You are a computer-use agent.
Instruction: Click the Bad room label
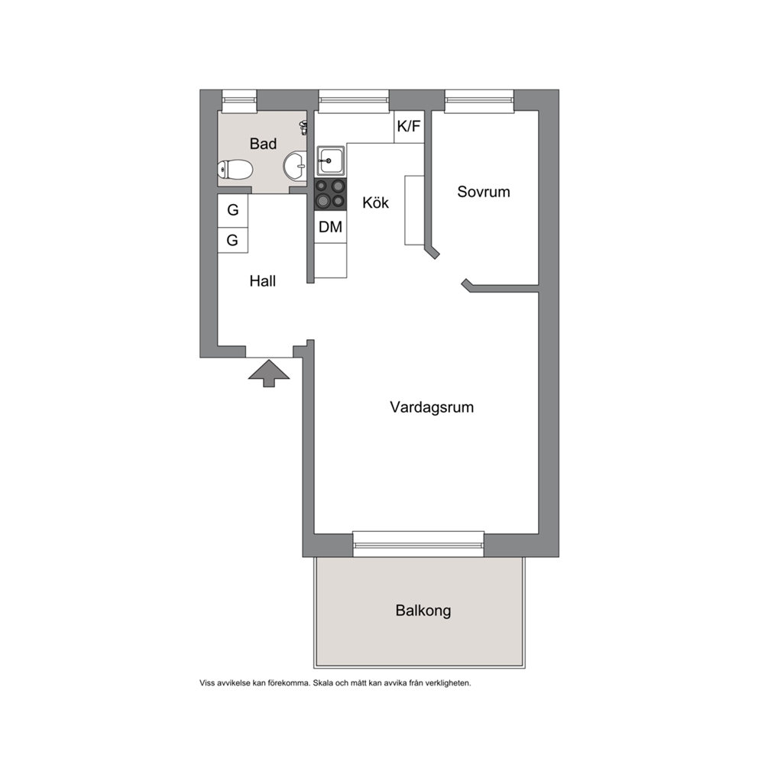coord(263,144)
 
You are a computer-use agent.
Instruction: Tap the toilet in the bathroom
coord(235,170)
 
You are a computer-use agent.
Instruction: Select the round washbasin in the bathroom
coord(294,166)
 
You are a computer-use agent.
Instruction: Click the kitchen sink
coord(331,161)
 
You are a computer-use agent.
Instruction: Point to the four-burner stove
coord(331,194)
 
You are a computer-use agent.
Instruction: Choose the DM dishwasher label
coord(331,227)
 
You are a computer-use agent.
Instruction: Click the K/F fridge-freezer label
coord(409,127)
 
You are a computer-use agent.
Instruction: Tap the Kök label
coord(376,202)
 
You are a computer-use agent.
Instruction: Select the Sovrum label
coord(484,192)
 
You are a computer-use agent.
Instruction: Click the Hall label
coord(263,281)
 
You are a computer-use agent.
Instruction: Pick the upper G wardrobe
coord(233,210)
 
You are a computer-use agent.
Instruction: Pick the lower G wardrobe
coord(233,240)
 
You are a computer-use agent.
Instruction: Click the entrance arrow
coord(269,373)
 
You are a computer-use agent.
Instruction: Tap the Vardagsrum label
coord(432,407)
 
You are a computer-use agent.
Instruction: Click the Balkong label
coord(423,611)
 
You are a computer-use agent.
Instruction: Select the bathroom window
coord(239,101)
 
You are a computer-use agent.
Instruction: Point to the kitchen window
coord(354,101)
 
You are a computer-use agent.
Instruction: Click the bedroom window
coord(479,101)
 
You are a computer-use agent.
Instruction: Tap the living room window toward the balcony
coord(418,544)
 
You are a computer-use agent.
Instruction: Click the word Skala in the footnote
coord(322,683)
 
